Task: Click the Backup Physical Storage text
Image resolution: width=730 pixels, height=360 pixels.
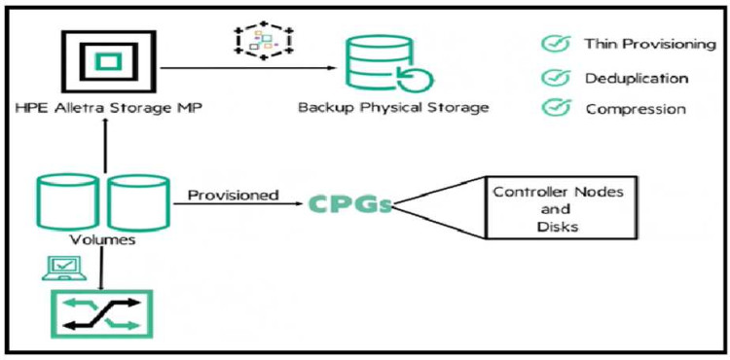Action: [393, 107]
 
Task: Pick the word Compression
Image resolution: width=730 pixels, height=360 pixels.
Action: [635, 109]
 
